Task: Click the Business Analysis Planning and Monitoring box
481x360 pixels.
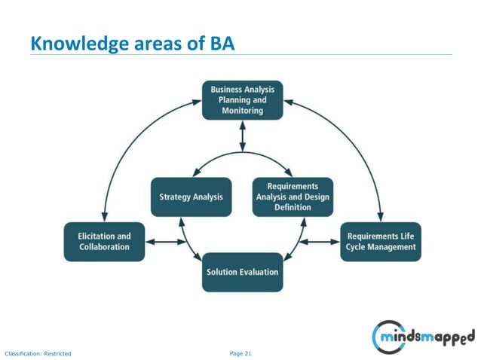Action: (x=242, y=99)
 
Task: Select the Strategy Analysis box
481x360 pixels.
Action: (x=191, y=197)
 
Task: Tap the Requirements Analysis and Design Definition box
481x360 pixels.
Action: (x=293, y=197)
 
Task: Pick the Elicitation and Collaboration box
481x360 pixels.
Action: (x=104, y=241)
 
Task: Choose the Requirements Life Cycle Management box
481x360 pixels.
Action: (x=381, y=241)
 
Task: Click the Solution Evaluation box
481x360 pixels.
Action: (x=242, y=272)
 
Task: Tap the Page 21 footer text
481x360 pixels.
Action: (x=240, y=352)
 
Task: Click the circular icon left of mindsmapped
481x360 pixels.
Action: (x=386, y=335)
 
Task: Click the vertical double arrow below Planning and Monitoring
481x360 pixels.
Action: (x=242, y=135)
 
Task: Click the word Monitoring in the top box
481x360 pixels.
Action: (x=242, y=110)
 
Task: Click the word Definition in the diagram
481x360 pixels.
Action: (x=293, y=207)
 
